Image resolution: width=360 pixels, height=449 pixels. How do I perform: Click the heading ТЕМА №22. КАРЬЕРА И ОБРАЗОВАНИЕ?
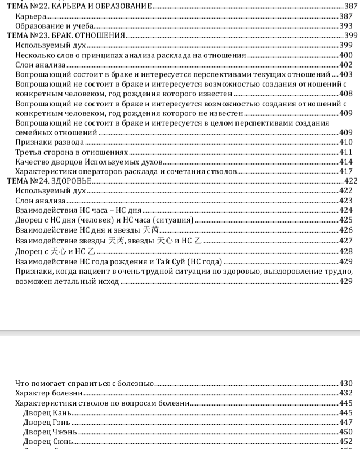[x=78, y=6]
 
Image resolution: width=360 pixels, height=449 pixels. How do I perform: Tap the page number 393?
[x=346, y=26]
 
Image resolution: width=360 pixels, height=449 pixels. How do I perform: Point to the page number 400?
[x=346, y=55]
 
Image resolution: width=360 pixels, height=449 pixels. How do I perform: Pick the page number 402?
[x=346, y=65]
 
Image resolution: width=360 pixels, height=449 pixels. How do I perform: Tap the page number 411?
[x=346, y=152]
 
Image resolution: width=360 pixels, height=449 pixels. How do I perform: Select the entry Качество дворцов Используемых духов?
[x=77, y=162]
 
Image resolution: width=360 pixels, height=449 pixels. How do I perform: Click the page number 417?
[x=346, y=171]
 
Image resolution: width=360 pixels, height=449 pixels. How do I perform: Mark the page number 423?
[x=346, y=201]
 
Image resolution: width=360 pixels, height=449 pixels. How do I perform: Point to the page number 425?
[x=346, y=220]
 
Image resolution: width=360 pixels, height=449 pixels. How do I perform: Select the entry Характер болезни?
[x=50, y=393]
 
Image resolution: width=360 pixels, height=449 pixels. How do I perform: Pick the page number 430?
[x=346, y=383]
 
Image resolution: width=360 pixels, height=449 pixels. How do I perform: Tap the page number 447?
[x=346, y=423]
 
